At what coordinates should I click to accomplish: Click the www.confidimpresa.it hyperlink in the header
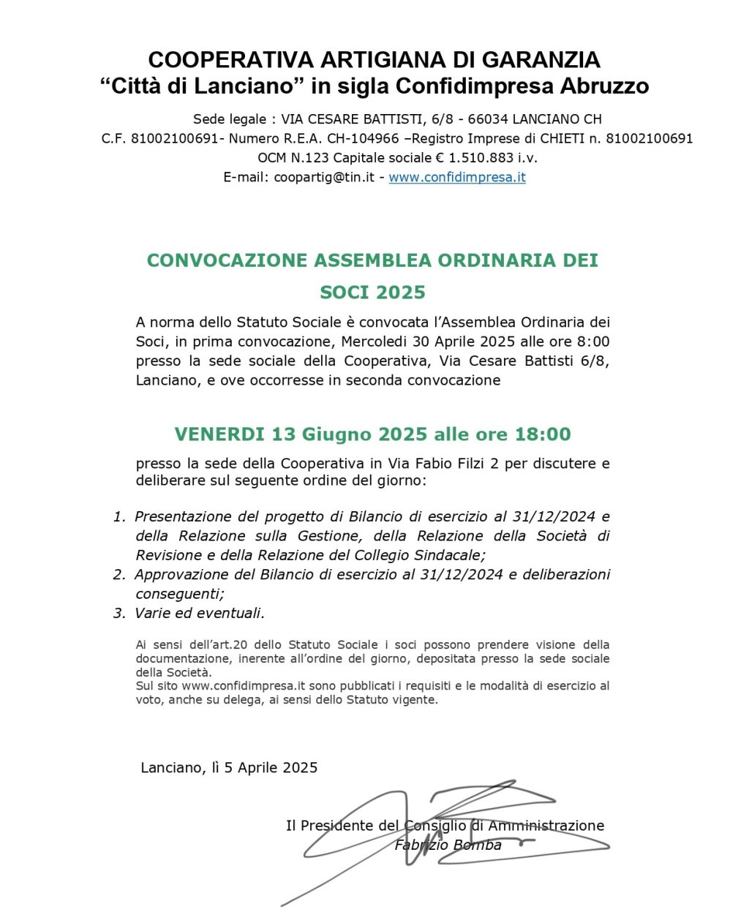(457, 177)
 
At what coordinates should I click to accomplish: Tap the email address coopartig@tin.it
(324, 177)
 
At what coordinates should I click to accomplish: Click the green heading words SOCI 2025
(372, 293)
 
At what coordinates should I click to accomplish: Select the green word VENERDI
(219, 434)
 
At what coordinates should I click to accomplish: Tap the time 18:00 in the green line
(543, 434)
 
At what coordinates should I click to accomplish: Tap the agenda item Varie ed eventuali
(200, 613)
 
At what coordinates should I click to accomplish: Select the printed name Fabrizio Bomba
(448, 845)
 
